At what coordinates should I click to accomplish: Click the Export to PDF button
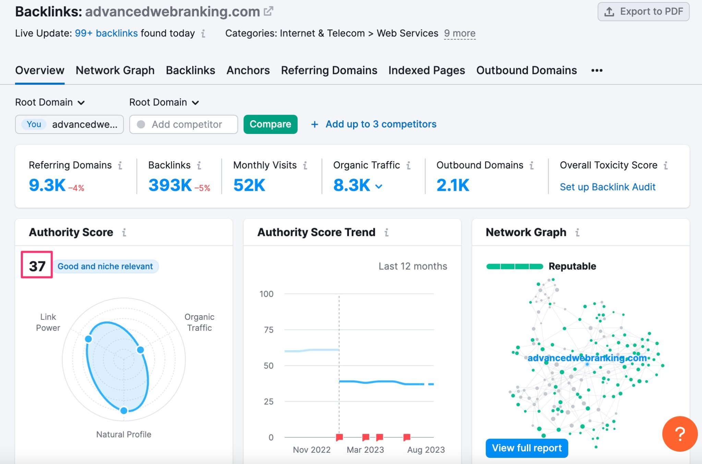pyautogui.click(x=643, y=12)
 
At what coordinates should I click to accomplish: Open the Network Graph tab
pyautogui.click(x=115, y=70)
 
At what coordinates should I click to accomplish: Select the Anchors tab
pyautogui.click(x=248, y=70)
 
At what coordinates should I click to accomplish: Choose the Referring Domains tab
pyautogui.click(x=329, y=70)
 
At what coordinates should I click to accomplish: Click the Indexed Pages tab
pyautogui.click(x=426, y=70)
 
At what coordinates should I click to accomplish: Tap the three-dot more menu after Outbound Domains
pyautogui.click(x=596, y=71)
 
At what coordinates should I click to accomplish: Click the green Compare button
pyautogui.click(x=270, y=124)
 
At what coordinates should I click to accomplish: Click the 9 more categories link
pyautogui.click(x=459, y=33)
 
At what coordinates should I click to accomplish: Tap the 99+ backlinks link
pyautogui.click(x=106, y=33)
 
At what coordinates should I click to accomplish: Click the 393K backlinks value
pyautogui.click(x=170, y=185)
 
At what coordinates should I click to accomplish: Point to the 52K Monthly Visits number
pyautogui.click(x=249, y=185)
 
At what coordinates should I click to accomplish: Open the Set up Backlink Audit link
pyautogui.click(x=607, y=187)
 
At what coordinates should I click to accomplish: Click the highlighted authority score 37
pyautogui.click(x=37, y=266)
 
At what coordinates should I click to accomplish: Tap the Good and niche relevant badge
pyautogui.click(x=105, y=266)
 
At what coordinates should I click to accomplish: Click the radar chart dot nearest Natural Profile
pyautogui.click(x=124, y=410)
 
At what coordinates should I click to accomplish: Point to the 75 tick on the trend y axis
pyautogui.click(x=268, y=330)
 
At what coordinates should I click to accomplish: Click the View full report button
pyautogui.click(x=526, y=448)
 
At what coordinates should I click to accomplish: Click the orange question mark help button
pyautogui.click(x=680, y=434)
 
